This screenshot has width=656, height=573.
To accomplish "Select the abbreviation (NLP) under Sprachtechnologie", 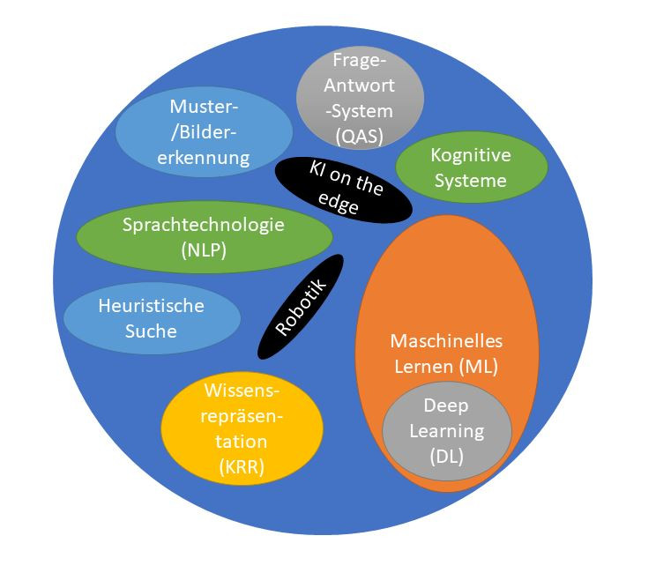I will tap(204, 249).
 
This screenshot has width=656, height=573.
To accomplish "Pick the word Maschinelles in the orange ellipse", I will tap(439, 340).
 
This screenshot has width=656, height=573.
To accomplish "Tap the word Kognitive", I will tap(471, 156).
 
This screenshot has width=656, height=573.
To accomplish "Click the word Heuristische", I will tap(152, 306).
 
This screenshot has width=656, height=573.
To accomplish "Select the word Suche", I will tap(151, 331).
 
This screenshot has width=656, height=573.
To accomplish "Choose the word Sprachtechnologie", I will tap(204, 224).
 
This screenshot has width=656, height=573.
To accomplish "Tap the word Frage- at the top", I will tap(358, 61).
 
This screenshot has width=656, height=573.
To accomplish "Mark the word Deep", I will tap(446, 406).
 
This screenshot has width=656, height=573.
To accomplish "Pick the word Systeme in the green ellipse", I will tap(471, 181).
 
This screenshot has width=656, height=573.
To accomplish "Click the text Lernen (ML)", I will tap(439, 365).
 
